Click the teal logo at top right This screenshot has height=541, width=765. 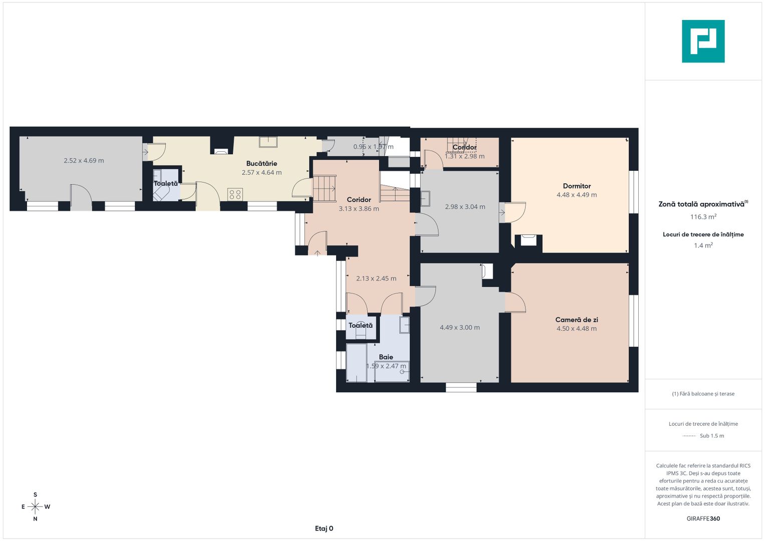click(703, 41)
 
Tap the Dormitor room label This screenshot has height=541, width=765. click(577, 186)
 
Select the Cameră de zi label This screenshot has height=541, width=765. click(576, 320)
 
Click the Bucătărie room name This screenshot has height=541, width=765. click(262, 163)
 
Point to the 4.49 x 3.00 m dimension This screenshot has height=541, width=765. click(459, 328)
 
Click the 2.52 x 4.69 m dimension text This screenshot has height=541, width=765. click(84, 161)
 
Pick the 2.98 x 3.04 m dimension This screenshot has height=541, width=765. click(465, 207)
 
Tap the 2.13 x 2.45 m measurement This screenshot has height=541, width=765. click(376, 279)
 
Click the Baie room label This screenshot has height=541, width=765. click(386, 357)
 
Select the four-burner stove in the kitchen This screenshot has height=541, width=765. click(235, 194)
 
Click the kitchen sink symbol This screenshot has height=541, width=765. click(268, 142)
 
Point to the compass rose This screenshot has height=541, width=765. click(35, 507)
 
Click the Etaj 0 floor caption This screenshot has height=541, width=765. click(324, 528)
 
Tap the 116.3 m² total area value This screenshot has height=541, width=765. click(703, 217)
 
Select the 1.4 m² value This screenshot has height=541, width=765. click(703, 245)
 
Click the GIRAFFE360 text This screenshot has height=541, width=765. click(703, 518)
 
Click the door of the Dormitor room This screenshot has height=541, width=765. click(515, 212)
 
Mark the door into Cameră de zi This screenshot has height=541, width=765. click(515, 303)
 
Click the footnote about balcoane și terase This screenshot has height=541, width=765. click(703, 394)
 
